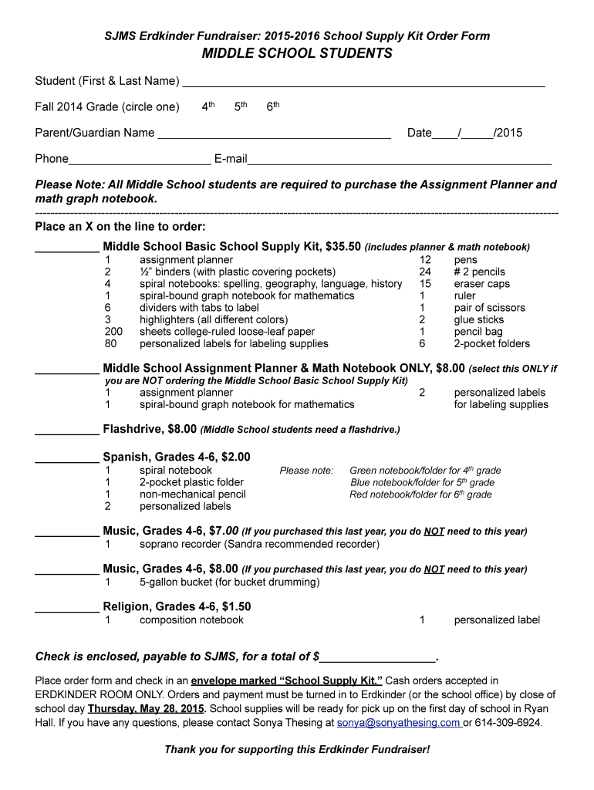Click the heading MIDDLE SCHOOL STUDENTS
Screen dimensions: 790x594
point(297,53)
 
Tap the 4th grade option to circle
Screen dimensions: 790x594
point(208,106)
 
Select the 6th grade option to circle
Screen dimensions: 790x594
point(272,106)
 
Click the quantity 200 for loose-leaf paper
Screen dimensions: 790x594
point(113,332)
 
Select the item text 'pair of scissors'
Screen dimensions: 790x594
point(489,308)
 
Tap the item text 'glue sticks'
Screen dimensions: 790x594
point(478,319)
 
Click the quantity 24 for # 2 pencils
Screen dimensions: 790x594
point(424,272)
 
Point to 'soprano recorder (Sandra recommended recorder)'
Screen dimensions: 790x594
point(259,544)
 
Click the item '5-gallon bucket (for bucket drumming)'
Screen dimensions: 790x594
point(229,582)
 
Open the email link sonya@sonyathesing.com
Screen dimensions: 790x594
point(398,723)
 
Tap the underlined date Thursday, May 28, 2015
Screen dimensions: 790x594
point(147,708)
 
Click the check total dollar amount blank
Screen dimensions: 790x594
point(377,658)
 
